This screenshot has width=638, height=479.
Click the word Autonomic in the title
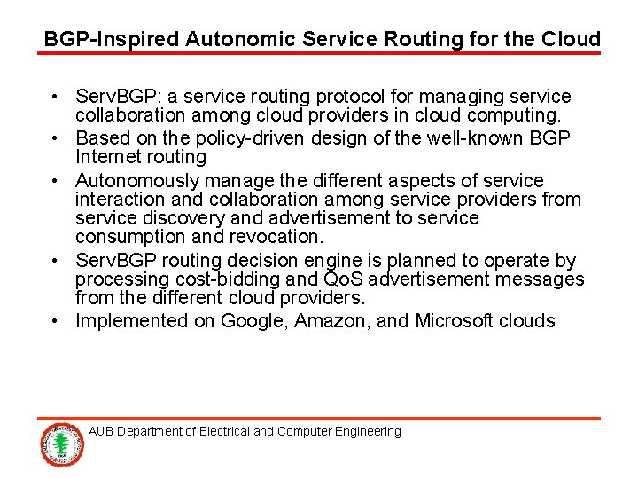234,39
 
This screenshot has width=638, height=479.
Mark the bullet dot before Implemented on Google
55,321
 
